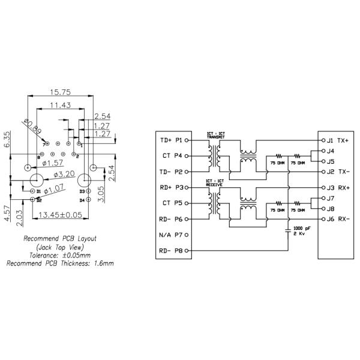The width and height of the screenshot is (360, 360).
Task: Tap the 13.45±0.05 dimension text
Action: [x=61, y=215]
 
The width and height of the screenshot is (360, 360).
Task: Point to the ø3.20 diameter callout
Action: [x=62, y=174]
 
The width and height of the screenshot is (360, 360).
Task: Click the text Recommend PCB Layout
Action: [x=59, y=238]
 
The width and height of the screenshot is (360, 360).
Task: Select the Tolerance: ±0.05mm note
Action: [x=59, y=254]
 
